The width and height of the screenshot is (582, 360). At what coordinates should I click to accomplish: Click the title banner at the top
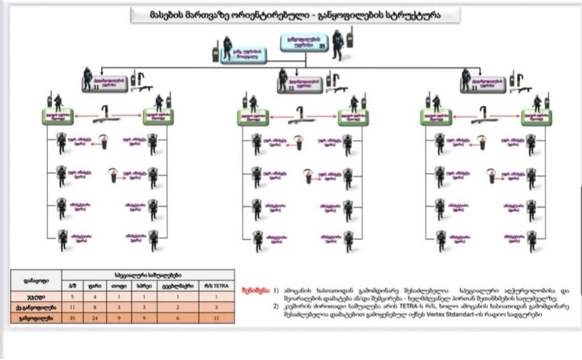pyautogui.click(x=294, y=15)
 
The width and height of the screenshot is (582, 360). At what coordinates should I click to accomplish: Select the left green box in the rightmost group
pyautogui.click(x=436, y=117)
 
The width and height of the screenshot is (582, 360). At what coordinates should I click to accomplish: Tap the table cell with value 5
pyautogui.click(x=73, y=296)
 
